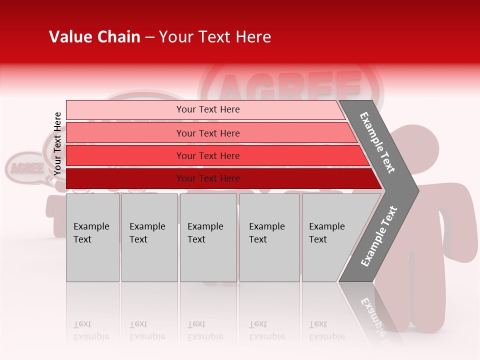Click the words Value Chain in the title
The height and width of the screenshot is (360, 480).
[x=94, y=37]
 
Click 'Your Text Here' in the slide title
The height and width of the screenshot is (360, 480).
[x=215, y=37]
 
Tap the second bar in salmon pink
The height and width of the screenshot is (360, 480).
[x=207, y=133]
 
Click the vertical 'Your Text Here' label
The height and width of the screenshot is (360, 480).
[x=57, y=143]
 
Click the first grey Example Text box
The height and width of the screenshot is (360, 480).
[x=92, y=237]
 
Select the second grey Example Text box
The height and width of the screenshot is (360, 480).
[x=149, y=237]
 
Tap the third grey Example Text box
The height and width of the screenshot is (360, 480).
[x=208, y=237]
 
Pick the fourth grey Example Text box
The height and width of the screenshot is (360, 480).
[x=269, y=237]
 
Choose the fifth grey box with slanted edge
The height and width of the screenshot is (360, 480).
[x=330, y=237]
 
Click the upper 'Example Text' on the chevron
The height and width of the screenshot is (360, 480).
[x=377, y=142]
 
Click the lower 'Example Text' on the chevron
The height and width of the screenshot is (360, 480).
[x=379, y=236]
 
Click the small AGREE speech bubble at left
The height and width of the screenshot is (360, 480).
[x=26, y=168]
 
